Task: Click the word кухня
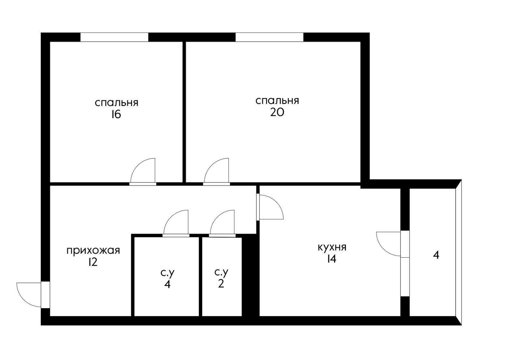(x=332, y=247)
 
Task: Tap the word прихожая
(x=93, y=250)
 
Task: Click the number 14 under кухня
(x=332, y=259)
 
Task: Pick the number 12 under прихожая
(x=92, y=262)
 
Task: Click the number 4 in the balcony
(x=436, y=255)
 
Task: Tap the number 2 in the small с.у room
(x=221, y=284)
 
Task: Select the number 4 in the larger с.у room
(x=167, y=285)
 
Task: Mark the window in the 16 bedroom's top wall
(x=114, y=37)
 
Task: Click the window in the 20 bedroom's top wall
(x=269, y=37)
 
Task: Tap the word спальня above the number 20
(x=277, y=100)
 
